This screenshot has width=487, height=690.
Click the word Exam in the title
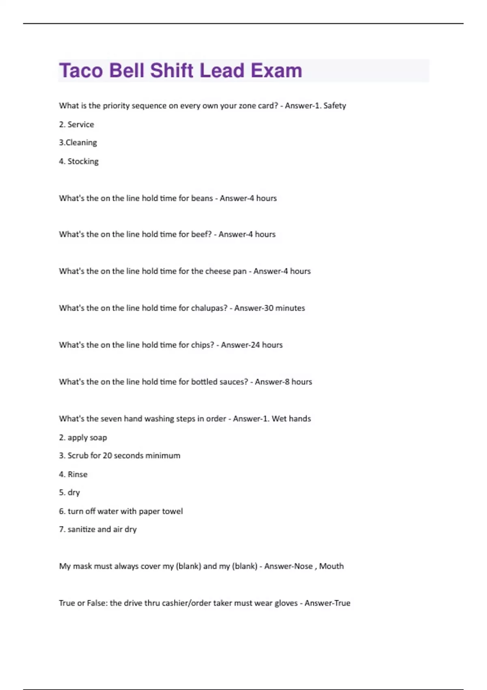276,71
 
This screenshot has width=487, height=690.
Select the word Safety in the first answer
334,106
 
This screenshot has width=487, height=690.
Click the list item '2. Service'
76,124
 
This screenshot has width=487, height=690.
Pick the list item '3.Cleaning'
78,142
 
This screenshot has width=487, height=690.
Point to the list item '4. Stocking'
79,161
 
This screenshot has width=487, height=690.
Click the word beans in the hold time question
202,198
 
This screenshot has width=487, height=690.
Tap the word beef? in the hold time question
201,234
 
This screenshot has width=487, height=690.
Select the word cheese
218,271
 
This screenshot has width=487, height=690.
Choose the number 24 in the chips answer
255,345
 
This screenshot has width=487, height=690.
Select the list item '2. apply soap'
83,438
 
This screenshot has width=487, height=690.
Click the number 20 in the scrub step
107,455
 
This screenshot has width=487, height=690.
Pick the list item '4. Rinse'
73,474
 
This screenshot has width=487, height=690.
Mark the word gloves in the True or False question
286,603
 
